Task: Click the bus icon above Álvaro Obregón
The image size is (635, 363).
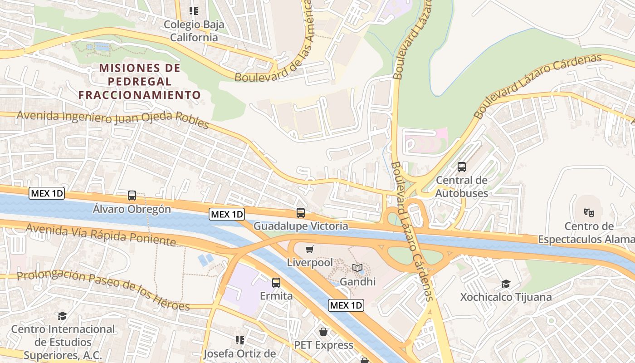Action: tap(132, 196)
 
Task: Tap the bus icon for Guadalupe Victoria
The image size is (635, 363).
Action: tap(300, 213)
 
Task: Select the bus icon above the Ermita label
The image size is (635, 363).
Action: tap(276, 283)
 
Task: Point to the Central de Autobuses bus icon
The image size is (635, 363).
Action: tap(462, 167)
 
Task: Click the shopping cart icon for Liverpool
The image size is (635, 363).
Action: tap(310, 249)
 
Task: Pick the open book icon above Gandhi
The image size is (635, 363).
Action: tap(357, 268)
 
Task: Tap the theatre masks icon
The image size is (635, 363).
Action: tap(589, 212)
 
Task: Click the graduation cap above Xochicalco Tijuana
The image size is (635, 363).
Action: tap(506, 284)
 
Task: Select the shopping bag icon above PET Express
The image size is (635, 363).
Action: tap(323, 332)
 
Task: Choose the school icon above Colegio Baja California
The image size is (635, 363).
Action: tap(194, 10)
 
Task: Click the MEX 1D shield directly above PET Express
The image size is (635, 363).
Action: tap(346, 305)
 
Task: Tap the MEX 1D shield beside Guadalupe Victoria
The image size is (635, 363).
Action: tap(227, 214)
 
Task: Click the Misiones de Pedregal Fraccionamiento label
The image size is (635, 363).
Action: tap(140, 82)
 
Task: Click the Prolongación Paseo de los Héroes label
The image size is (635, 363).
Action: tap(103, 290)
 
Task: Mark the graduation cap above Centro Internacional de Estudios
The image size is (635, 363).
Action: tap(62, 316)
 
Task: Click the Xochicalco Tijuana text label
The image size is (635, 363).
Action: tap(506, 297)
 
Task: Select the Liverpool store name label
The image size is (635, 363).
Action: tap(310, 262)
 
